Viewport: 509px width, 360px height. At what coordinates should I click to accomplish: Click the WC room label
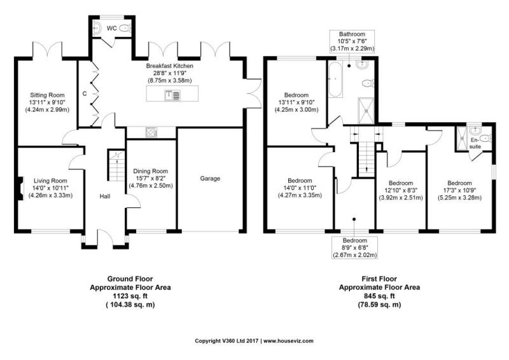pos(112,28)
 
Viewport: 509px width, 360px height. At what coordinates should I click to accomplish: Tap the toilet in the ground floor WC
pos(125,29)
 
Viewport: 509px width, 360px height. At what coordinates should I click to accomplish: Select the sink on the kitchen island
pos(172,95)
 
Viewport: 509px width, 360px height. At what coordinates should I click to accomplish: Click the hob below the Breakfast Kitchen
pos(151,132)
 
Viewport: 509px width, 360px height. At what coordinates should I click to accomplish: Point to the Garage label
pos(210,178)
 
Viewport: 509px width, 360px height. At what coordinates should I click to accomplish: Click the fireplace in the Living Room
pos(20,188)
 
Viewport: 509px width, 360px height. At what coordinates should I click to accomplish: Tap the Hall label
pos(105,196)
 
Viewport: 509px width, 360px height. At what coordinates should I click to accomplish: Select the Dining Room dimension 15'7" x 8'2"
pos(151,179)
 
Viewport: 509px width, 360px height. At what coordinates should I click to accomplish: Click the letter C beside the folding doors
pos(85,93)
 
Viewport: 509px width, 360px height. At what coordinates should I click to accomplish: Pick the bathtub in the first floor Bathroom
pos(335,80)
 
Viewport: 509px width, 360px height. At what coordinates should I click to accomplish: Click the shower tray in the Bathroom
pos(366,111)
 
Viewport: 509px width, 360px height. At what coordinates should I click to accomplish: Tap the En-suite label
pos(475,144)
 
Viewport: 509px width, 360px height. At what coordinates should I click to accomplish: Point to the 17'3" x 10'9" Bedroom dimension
pos(459,190)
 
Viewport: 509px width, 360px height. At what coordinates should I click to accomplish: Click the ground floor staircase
pos(116,165)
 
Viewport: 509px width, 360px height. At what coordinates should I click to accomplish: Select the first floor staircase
pos(366,160)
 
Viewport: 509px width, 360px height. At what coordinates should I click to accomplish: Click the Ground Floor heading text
pos(130,279)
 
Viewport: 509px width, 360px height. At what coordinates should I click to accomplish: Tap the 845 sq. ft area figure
pos(379,296)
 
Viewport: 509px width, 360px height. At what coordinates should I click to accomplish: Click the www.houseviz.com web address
pos(288,341)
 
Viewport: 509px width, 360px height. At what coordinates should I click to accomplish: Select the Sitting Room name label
pos(47,95)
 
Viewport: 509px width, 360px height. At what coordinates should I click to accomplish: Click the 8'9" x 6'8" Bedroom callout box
pos(354,247)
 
